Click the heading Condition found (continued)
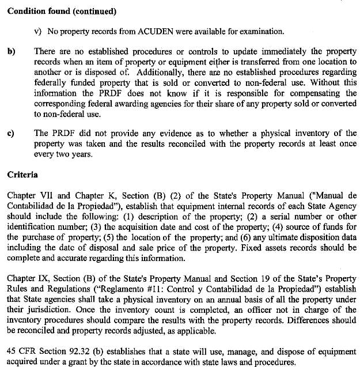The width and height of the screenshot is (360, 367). [62, 11]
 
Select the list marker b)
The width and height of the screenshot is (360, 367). [11, 51]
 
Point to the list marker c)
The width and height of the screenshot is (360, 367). [11, 134]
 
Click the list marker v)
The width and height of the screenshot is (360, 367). [39, 31]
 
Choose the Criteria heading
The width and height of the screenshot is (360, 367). [23, 173]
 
